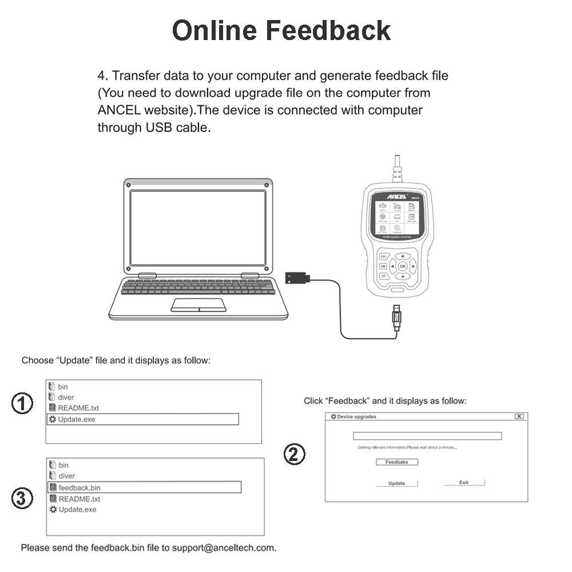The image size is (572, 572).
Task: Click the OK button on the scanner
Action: pyautogui.click(x=403, y=266)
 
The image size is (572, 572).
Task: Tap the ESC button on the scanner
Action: pyautogui.click(x=383, y=257)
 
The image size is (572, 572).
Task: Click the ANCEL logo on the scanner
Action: pyautogui.click(x=396, y=196)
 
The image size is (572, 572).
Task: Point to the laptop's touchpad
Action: pyautogui.click(x=198, y=304)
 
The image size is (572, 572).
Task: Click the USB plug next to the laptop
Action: pyautogui.click(x=297, y=278)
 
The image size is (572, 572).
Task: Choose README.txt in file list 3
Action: pyautogui.click(x=79, y=499)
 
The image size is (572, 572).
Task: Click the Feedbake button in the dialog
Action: pyautogui.click(x=396, y=462)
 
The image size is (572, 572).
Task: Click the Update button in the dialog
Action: pyautogui.click(x=396, y=483)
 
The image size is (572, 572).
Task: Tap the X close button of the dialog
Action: pyautogui.click(x=519, y=416)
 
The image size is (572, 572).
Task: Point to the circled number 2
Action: pyautogui.click(x=295, y=455)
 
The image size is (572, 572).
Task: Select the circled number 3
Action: pyautogui.click(x=22, y=499)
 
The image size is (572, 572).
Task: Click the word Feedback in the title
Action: pyautogui.click(x=328, y=30)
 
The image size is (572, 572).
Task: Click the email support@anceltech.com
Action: pyautogui.click(x=224, y=548)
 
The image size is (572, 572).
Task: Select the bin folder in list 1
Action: pyautogui.click(x=62, y=387)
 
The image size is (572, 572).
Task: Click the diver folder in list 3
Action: pyautogui.click(x=66, y=476)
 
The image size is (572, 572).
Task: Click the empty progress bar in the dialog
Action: pyautogui.click(x=427, y=436)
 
